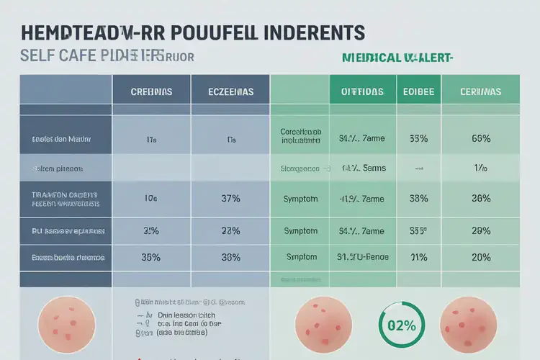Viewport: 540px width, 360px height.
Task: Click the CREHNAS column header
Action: [x=151, y=93]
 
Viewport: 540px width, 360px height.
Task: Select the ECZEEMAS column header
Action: [x=230, y=93]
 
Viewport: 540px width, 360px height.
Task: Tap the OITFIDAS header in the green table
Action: [x=362, y=93]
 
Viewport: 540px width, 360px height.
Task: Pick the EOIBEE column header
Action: [x=418, y=93]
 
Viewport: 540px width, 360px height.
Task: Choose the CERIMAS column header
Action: [x=480, y=93]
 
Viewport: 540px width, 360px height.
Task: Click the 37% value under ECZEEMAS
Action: [x=230, y=199]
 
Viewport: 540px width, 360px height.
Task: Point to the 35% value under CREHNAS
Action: [x=151, y=256]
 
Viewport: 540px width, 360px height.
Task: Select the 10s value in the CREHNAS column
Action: [x=151, y=199]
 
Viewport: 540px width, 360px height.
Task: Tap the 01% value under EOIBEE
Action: [x=418, y=256]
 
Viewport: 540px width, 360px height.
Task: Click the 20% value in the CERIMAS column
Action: [x=480, y=256]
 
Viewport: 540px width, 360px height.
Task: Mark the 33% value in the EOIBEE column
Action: [x=418, y=138]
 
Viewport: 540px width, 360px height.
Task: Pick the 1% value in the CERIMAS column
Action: [x=480, y=168]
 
